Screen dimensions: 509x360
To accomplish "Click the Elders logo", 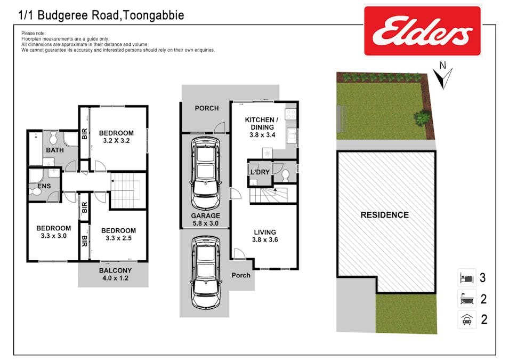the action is tap(422, 31).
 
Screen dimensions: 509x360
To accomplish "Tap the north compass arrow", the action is tap(442, 78).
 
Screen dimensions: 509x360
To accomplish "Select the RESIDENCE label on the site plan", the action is tap(385, 215).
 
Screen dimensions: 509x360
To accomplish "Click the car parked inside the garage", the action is tap(206, 173).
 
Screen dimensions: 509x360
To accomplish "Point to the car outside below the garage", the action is tap(206, 273).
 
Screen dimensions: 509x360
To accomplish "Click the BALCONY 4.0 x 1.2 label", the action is tap(115, 274).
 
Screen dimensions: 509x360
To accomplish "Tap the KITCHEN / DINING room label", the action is tap(262, 127).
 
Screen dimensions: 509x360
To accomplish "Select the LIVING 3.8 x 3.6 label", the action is tap(265, 236).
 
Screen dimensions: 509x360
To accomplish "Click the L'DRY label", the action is tap(260, 172).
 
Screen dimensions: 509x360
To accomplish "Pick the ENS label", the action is tap(44, 186).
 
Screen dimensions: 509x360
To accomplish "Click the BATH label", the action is tap(55, 150).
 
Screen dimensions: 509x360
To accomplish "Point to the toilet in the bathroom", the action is tap(54, 138).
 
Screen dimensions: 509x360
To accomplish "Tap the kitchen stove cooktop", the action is tap(290, 114).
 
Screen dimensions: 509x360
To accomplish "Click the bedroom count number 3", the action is tap(483, 278).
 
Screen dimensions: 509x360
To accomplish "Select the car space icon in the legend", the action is tap(466, 319).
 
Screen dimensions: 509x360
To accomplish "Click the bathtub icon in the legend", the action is tap(466, 299).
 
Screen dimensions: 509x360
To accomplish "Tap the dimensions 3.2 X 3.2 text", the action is tap(116, 141).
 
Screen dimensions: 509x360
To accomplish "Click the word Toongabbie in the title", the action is tap(154, 15).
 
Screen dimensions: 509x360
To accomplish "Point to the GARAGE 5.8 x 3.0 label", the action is tap(206, 220).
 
